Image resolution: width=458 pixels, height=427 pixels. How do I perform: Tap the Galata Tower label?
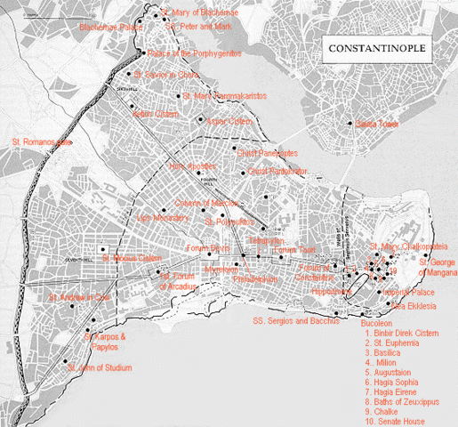(x=374, y=125)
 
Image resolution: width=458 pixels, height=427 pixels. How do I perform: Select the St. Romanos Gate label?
(x=39, y=141)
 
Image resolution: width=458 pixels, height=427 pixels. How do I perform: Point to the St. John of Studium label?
(x=100, y=367)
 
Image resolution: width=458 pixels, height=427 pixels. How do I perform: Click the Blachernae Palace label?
(x=111, y=28)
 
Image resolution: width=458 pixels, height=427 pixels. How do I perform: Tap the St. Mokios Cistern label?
(x=131, y=259)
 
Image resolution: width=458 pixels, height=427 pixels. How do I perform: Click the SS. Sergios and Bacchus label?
(x=296, y=319)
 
